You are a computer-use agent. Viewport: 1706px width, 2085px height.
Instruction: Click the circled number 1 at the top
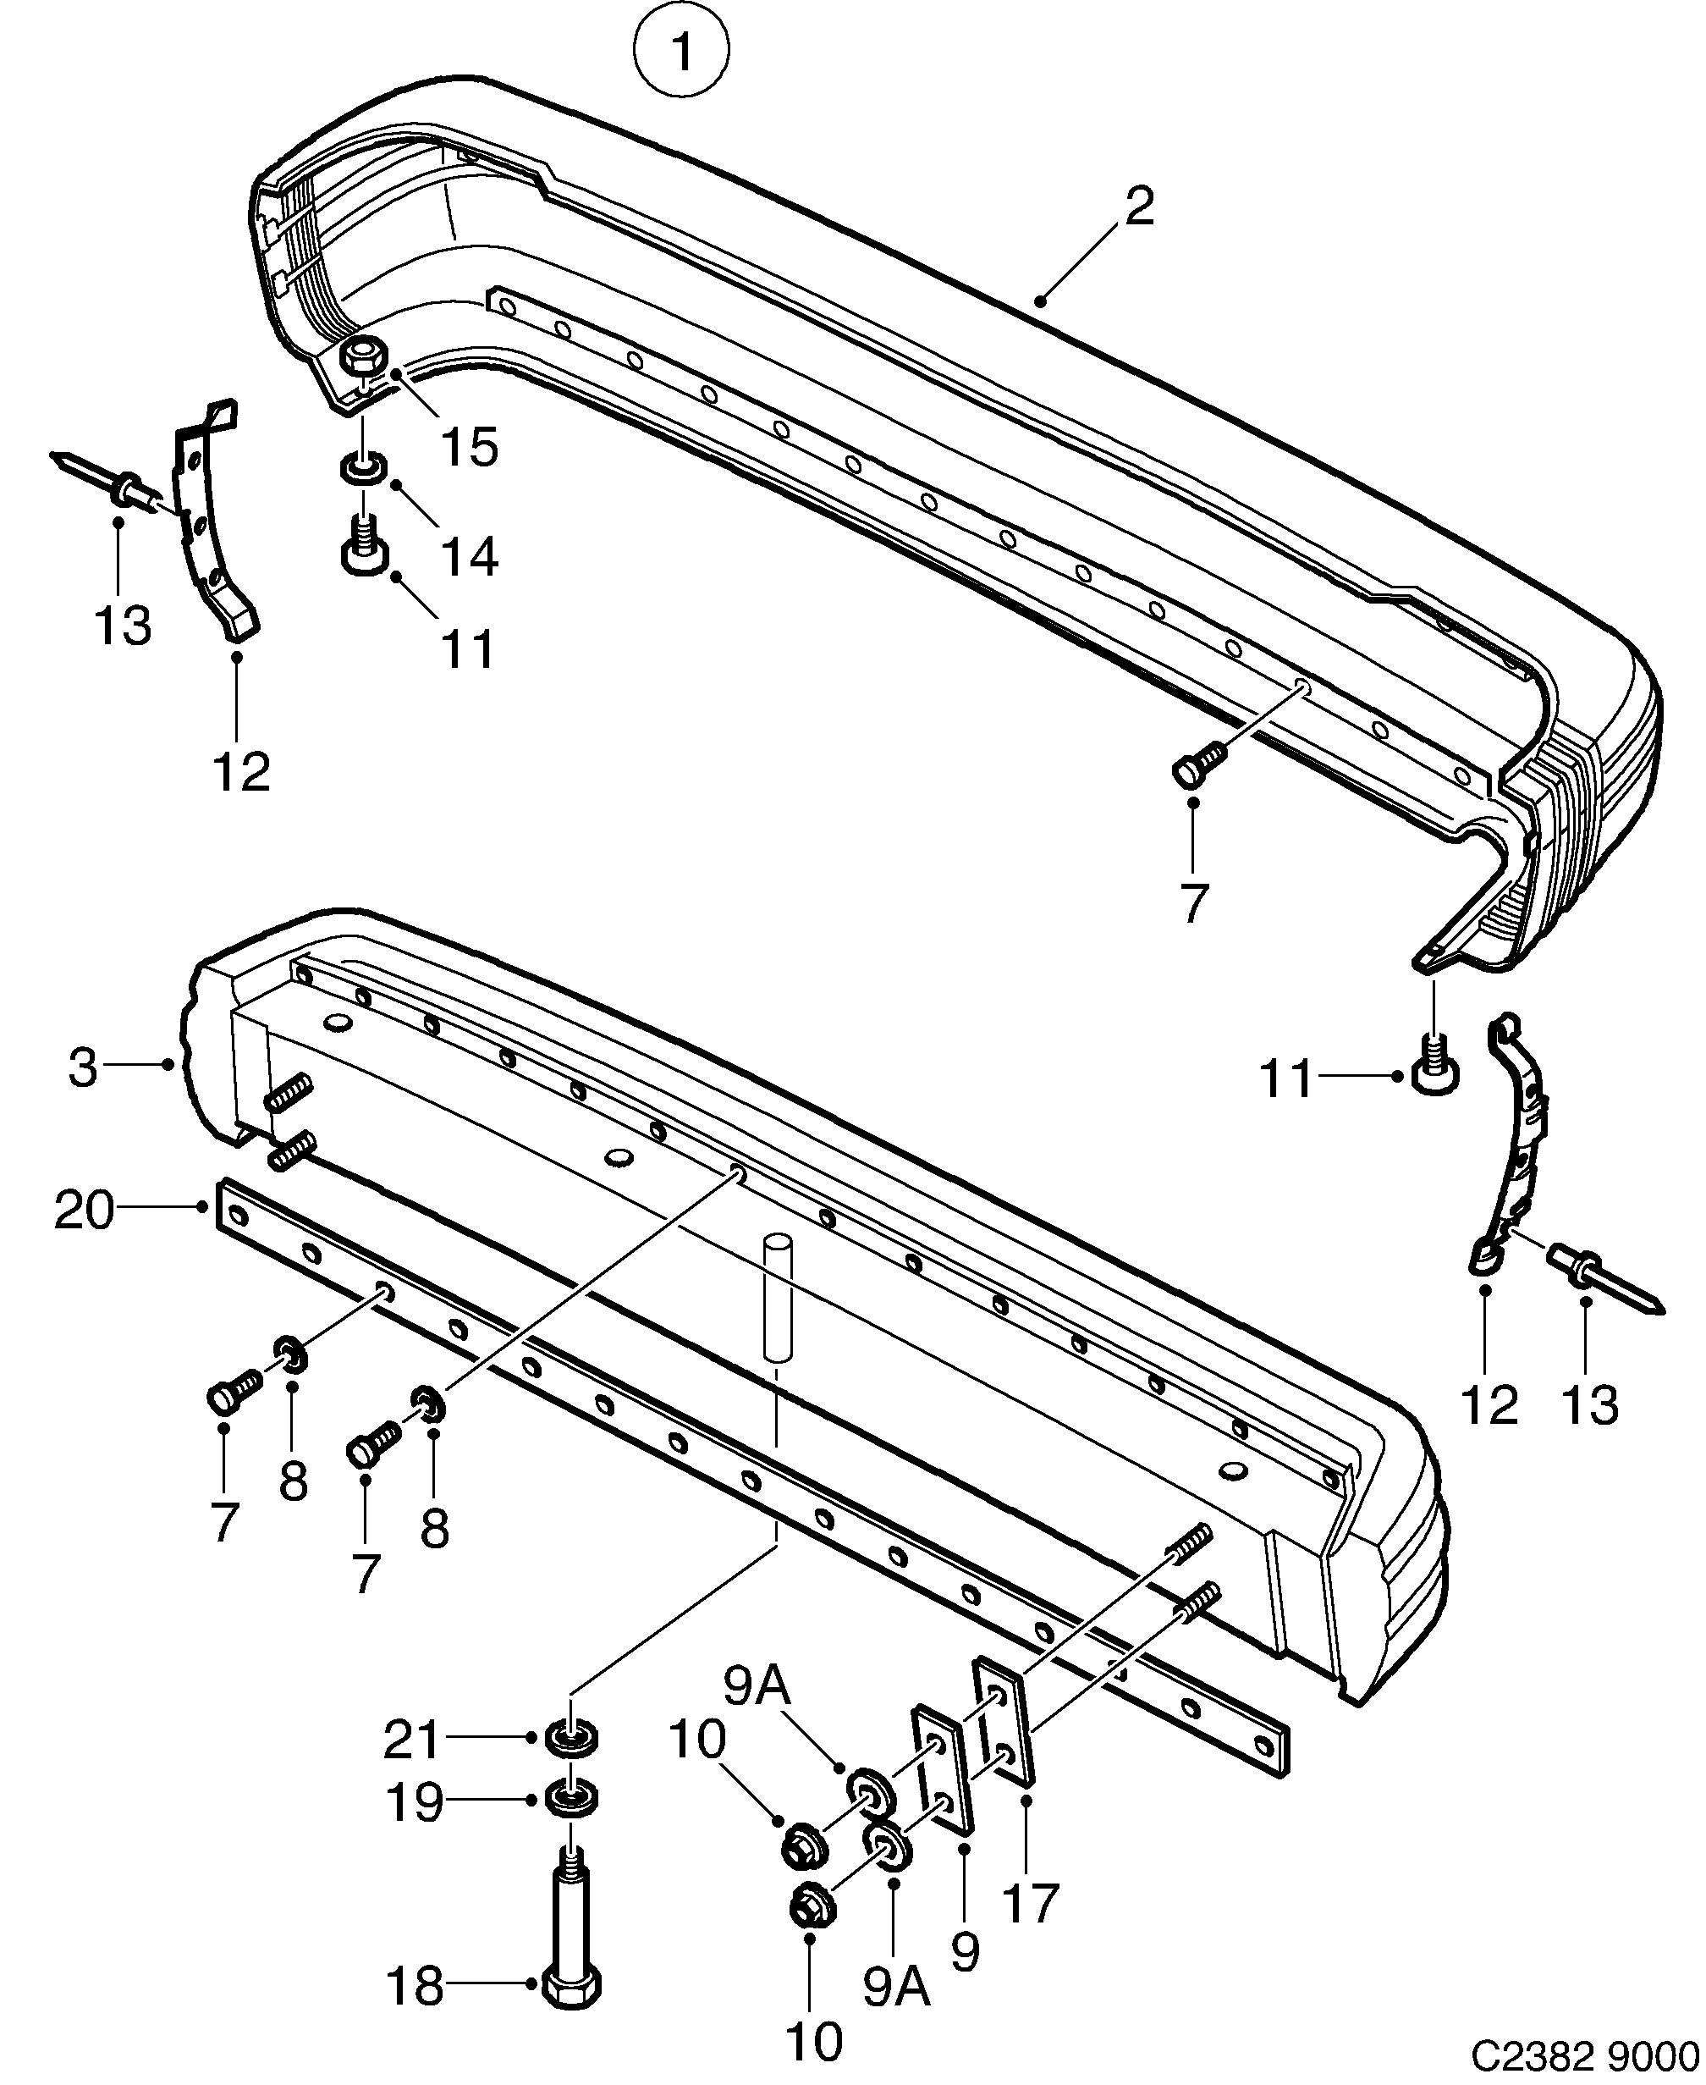[x=681, y=51]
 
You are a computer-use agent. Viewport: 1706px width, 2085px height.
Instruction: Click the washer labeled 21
[x=572, y=1739]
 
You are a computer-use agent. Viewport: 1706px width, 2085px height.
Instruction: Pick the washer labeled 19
[x=572, y=1801]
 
